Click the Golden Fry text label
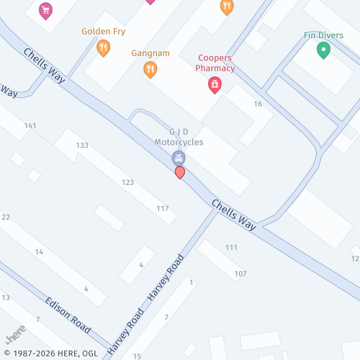(x=104, y=32)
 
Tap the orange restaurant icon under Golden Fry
(x=104, y=48)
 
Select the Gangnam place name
(x=150, y=53)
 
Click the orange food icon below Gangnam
(x=150, y=69)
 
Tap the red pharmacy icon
(x=215, y=86)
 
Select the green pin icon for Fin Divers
(x=323, y=50)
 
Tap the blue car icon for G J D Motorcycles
(x=179, y=158)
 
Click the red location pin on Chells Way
(x=180, y=173)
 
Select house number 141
(x=30, y=126)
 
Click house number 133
(x=82, y=145)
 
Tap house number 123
(x=127, y=182)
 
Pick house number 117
(x=163, y=209)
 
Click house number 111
(x=231, y=248)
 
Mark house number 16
(x=258, y=104)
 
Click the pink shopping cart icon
(x=46, y=10)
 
